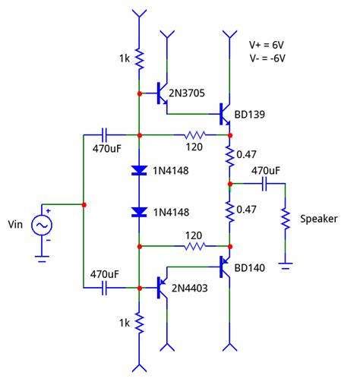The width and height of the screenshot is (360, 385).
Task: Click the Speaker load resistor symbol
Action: tap(286, 219)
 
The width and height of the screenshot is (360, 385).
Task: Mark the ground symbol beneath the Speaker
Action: tap(286, 264)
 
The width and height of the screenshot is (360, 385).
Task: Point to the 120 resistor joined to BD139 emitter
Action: tap(194, 134)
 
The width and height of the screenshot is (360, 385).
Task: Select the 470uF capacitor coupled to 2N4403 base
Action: tap(106, 288)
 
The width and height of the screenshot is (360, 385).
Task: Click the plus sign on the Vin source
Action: tap(47, 211)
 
